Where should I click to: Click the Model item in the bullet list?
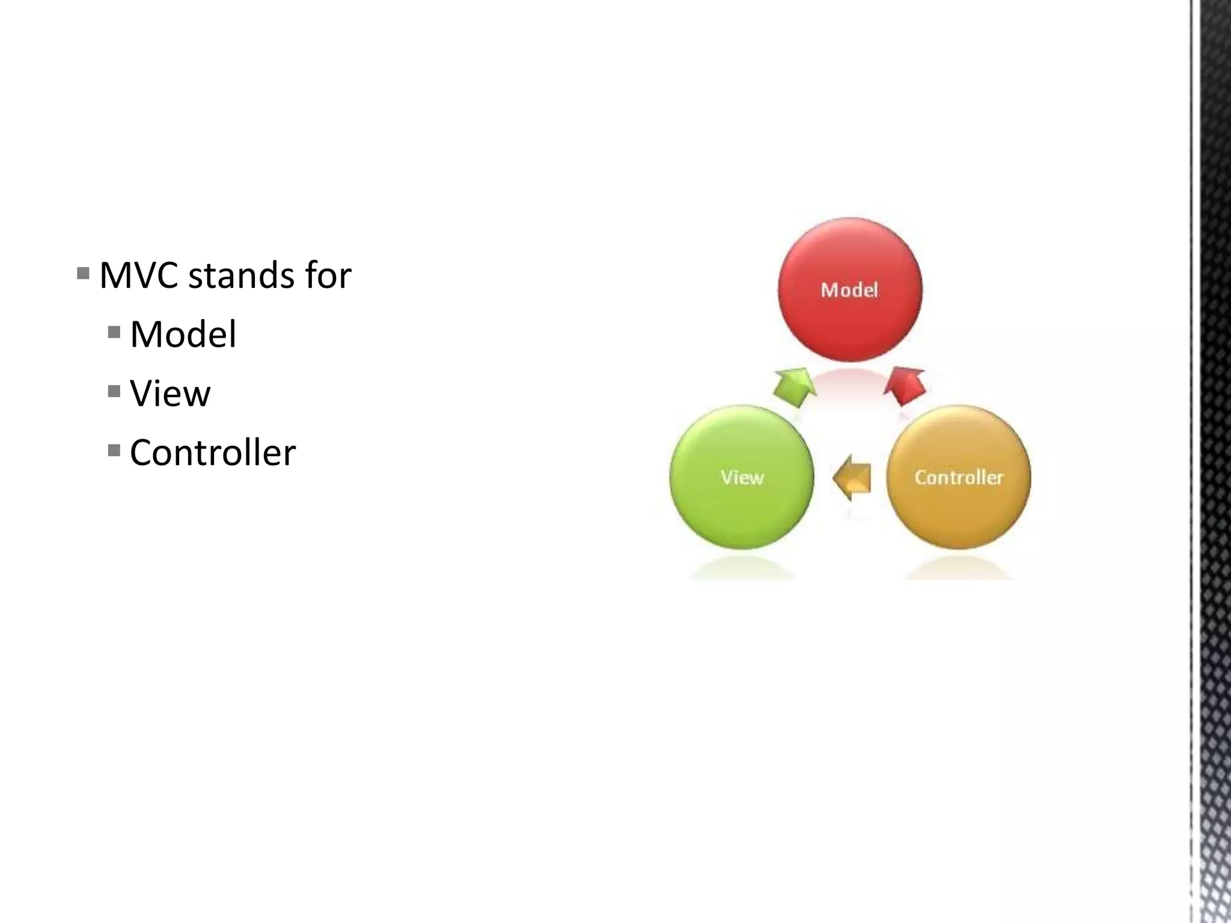183,334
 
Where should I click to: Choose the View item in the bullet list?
170,394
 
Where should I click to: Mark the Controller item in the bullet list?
212,452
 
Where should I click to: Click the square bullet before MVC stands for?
84,274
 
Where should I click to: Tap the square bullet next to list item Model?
114,332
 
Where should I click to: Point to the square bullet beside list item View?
114,392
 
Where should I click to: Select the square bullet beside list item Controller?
114,451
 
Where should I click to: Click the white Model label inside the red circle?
849,290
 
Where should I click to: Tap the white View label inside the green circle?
742,478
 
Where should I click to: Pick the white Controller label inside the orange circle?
959,478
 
